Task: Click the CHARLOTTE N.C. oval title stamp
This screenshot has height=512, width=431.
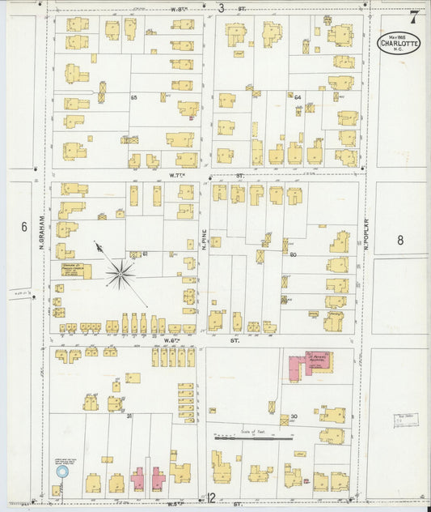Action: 398,43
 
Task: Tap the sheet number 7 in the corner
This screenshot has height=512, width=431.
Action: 414,15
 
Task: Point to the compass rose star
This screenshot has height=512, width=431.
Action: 120,275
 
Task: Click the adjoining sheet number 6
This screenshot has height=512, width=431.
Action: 24,228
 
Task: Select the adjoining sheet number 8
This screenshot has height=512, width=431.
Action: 399,240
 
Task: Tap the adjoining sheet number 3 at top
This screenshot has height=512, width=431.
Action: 221,8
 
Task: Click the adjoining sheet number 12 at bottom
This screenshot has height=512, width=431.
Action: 212,497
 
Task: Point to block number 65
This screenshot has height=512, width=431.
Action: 134,97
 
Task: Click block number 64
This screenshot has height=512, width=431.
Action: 298,98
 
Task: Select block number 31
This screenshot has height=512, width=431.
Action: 129,416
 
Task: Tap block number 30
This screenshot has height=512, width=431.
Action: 294,417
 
